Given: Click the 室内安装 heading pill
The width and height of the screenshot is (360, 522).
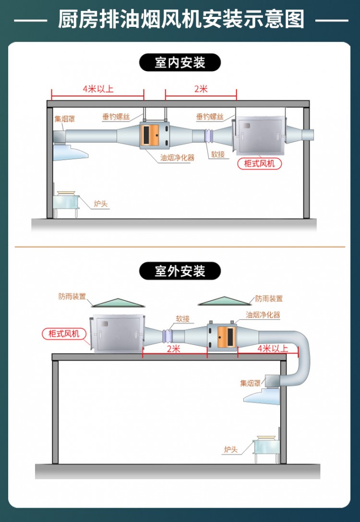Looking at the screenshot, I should pyautogui.click(x=180, y=62).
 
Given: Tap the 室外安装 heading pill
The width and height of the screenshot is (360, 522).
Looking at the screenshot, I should pyautogui.click(x=180, y=271).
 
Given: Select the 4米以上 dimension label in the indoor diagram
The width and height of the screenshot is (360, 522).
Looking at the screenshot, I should pyautogui.click(x=98, y=89).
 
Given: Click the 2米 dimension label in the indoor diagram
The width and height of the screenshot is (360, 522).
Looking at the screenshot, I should pyautogui.click(x=201, y=89).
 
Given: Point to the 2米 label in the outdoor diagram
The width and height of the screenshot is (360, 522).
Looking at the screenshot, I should pyautogui.click(x=173, y=349).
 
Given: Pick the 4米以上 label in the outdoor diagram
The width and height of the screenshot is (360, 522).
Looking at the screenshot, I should pyautogui.click(x=273, y=349).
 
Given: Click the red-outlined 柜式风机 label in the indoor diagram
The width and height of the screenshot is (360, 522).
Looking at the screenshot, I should pyautogui.click(x=260, y=163).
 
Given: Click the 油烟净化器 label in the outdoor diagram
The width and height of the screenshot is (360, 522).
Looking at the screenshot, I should pyautogui.click(x=263, y=315).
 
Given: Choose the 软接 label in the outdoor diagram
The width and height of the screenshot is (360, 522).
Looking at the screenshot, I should pyautogui.click(x=182, y=318).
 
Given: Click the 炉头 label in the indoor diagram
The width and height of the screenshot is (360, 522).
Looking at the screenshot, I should pyautogui.click(x=101, y=204).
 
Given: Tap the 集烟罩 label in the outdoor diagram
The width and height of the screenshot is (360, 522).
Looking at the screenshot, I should pyautogui.click(x=250, y=383).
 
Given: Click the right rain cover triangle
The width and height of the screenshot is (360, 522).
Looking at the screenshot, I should pyautogui.click(x=225, y=300).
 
